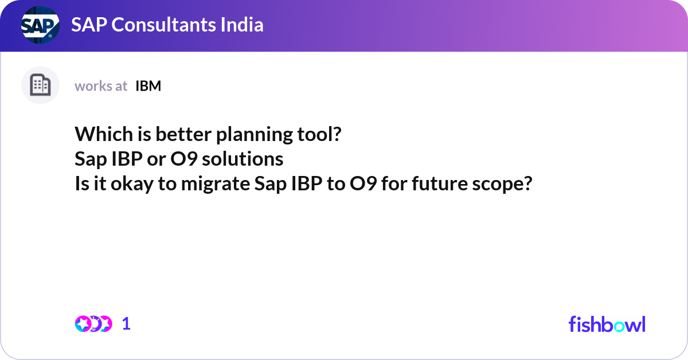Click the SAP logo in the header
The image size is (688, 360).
(40, 25)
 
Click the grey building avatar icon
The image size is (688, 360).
(40, 85)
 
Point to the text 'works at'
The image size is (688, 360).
(101, 86)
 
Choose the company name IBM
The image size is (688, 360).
(148, 86)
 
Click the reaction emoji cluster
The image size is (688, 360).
(93, 324)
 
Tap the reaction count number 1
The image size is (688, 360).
(126, 324)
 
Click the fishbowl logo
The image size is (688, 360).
(607, 324)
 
